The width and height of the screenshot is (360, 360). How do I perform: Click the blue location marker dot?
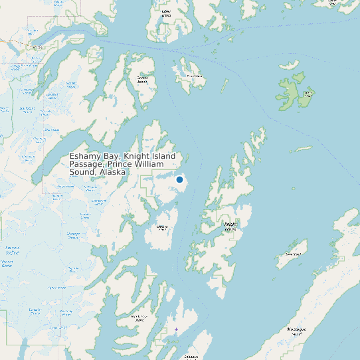tap(179, 179)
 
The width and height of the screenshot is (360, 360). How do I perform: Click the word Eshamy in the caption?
tap(84, 157)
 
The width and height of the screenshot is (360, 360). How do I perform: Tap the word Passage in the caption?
tap(87, 164)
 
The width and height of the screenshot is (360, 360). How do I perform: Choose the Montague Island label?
tap(296, 330)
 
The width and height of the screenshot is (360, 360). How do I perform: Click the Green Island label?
tap(293, 254)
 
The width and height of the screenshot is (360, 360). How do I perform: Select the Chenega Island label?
tap(161, 227)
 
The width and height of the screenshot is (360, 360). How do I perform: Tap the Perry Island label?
tap(195, 76)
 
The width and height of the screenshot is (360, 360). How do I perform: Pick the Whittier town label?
tap(38, 48)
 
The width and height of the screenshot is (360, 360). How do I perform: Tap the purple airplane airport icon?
tap(176, 329)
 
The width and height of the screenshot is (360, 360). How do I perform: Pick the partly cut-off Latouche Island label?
tap(191, 356)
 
